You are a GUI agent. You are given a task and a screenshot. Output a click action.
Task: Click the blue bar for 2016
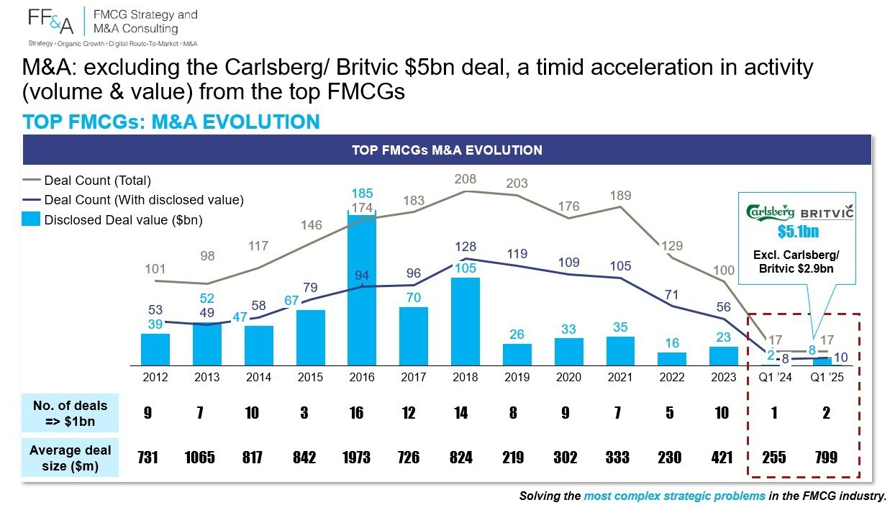[362, 289]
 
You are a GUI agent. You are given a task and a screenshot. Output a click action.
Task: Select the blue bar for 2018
[466, 322]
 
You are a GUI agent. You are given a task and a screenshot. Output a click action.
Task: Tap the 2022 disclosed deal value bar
[672, 359]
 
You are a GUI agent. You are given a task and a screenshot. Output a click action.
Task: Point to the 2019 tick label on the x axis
[517, 377]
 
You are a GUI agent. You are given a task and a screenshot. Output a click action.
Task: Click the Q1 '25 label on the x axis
[827, 377]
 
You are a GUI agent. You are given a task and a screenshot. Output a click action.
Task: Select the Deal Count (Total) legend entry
[87, 181]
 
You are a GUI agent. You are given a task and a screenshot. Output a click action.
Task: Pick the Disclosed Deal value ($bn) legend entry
[112, 219]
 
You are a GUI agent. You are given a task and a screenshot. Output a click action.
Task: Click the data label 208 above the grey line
[466, 179]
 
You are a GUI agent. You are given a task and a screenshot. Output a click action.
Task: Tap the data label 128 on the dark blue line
[466, 246]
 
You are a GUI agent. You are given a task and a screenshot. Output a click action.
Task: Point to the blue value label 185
[362, 194]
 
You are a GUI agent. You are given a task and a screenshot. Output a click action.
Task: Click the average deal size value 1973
[356, 458]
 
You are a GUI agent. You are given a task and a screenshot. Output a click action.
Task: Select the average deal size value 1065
[199, 458]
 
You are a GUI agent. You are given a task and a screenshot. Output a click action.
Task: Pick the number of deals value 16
[356, 413]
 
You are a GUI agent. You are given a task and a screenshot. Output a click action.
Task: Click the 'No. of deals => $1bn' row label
[71, 413]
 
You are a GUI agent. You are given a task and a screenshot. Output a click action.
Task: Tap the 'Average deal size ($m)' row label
[71, 458]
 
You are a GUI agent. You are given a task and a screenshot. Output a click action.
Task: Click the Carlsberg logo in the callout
[770, 212]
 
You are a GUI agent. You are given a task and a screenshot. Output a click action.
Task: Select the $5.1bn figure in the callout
[798, 232]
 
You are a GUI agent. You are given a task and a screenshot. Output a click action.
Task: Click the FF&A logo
[51, 22]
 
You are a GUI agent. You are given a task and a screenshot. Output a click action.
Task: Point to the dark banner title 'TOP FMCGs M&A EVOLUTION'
[447, 150]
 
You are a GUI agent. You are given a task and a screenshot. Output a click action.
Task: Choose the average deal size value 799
[827, 458]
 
